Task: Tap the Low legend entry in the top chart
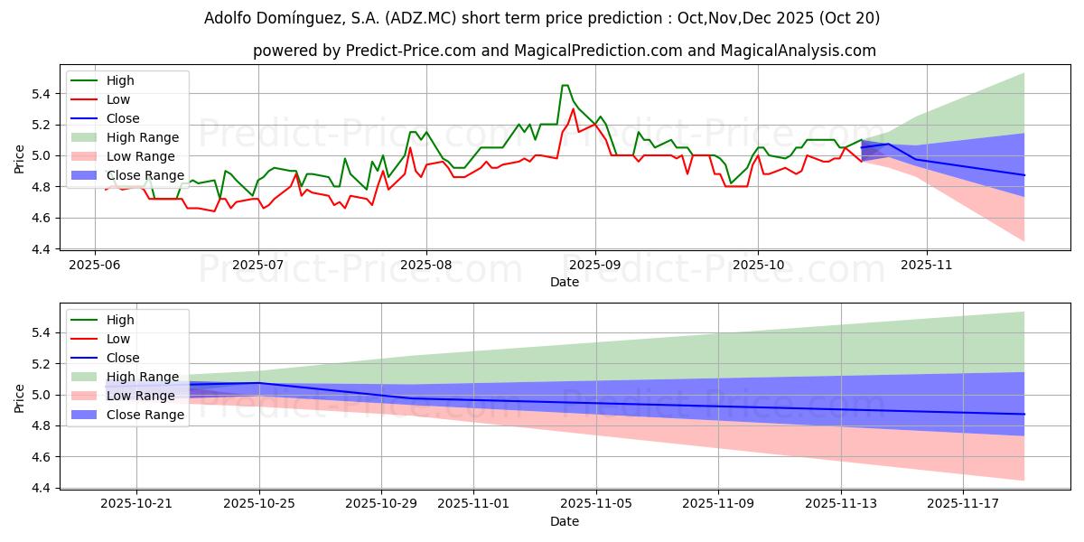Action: (x=118, y=99)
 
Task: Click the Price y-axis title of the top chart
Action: (x=19, y=159)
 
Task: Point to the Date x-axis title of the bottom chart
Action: (x=565, y=522)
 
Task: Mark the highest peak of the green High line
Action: (x=565, y=86)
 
